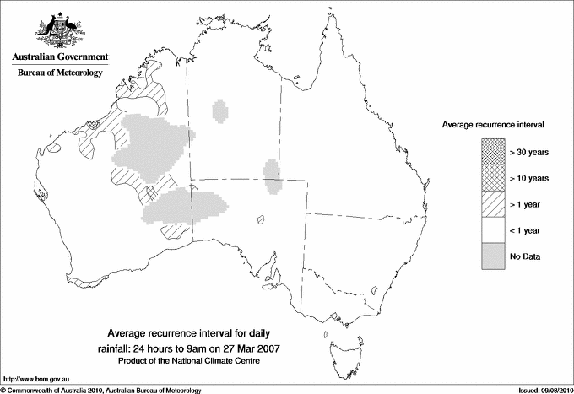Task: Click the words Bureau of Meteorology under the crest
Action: [60, 73]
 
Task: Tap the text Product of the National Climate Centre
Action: [198, 361]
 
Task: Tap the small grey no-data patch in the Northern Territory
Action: [221, 110]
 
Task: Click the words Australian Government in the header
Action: [60, 57]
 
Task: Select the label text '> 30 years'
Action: [529, 152]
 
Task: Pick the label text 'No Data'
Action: [524, 256]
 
